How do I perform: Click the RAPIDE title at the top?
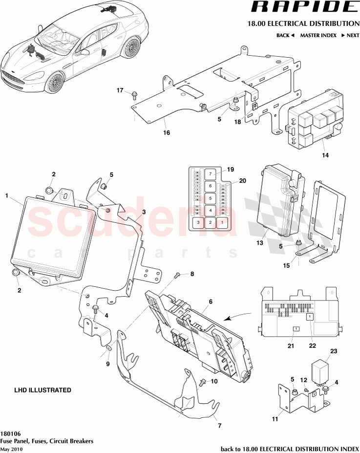303,7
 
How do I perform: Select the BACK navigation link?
285,36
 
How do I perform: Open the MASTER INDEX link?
318,36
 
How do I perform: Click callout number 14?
325,155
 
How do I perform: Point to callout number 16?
166,132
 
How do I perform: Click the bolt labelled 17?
133,95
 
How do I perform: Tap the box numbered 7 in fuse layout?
209,174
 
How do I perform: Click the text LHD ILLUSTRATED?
43,390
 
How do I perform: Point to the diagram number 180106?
10,433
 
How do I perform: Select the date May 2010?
11,449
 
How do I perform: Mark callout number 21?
291,346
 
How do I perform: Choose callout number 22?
312,346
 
